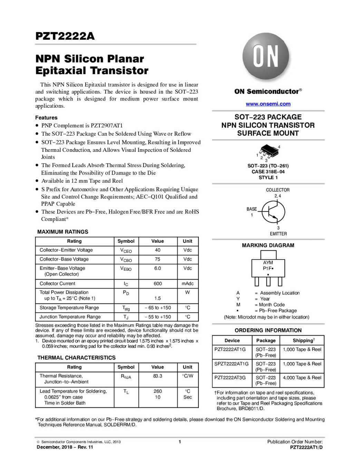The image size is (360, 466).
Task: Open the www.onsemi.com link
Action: click(268, 104)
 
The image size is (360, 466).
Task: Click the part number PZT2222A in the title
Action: click(65, 36)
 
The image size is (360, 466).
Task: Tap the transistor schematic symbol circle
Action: click(273, 212)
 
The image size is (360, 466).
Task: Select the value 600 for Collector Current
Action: click(157, 284)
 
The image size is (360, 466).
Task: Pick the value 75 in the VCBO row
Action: click(157, 259)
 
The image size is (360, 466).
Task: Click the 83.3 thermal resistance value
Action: click(157, 376)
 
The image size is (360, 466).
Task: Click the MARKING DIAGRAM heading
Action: click(268, 245)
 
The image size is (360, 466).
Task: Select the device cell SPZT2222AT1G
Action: click(231, 364)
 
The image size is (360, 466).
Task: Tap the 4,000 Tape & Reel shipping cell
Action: click(302, 378)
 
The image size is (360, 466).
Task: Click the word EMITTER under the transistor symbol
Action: click(278, 234)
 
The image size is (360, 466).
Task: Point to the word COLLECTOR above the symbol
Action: click(278, 190)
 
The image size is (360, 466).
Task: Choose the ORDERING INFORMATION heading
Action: click(268, 330)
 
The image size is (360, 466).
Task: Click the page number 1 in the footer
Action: click(180, 441)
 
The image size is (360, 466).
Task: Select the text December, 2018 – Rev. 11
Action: click(65, 447)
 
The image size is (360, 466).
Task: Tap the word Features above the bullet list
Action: click(46, 118)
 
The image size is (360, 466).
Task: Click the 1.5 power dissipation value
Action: click(157, 298)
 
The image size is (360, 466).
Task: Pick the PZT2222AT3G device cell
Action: click(230, 378)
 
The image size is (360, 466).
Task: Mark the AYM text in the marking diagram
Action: click(268, 263)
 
